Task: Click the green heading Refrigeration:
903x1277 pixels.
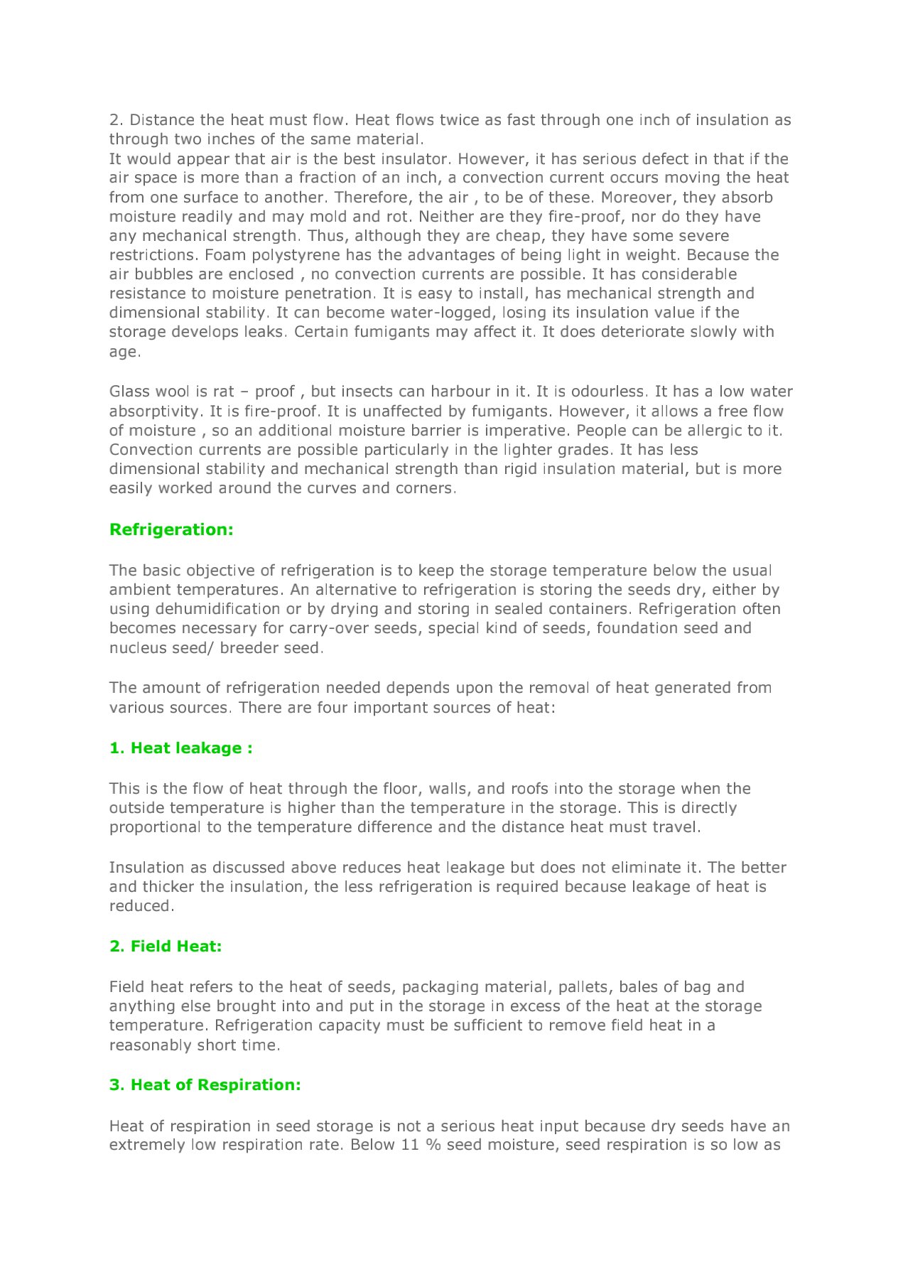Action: pos(171,529)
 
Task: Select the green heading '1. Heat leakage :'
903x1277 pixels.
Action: pos(180,748)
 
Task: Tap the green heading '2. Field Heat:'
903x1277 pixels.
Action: pos(166,946)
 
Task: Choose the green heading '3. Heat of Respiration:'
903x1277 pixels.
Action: pos(205,1084)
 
